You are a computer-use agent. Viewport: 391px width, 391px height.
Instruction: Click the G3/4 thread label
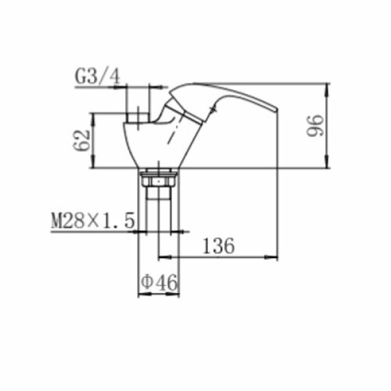[x=98, y=77]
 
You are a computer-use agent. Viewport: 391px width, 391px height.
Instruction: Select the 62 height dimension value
[x=82, y=140]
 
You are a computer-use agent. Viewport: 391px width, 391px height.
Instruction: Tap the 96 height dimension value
[x=315, y=125]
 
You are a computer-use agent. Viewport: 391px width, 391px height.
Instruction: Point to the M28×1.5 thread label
[x=93, y=220]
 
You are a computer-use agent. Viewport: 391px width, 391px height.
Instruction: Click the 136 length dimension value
[x=218, y=246]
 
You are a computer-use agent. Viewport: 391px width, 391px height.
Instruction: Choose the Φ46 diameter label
[x=159, y=282]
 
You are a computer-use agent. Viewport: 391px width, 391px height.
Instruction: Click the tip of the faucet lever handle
[x=277, y=109]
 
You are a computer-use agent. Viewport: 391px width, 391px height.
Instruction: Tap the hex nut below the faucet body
[x=159, y=180]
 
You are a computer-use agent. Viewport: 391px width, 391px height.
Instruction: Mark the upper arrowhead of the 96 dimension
[x=328, y=90]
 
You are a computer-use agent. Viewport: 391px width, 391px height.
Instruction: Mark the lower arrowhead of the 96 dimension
[x=328, y=162]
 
